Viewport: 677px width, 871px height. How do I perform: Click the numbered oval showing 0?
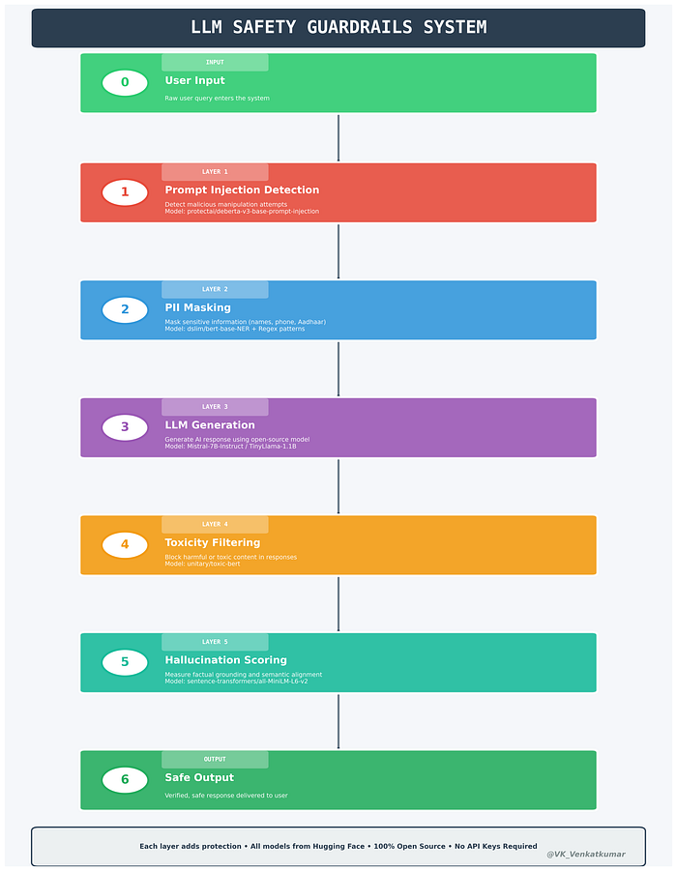[x=125, y=82]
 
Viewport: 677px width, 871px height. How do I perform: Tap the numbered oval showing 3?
[x=125, y=427]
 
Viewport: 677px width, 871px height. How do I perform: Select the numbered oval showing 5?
[x=125, y=662]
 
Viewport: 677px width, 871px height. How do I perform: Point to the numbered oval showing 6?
[x=125, y=779]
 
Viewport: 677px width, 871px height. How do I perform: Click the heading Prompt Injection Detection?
[x=242, y=190]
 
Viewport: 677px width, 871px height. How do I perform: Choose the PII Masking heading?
[x=198, y=307]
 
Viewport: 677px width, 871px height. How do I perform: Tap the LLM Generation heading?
[x=210, y=425]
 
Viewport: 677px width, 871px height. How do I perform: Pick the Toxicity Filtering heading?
[x=213, y=542]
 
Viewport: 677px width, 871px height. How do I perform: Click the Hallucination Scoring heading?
[x=225, y=660]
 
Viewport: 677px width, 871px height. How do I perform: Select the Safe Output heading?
[x=199, y=777]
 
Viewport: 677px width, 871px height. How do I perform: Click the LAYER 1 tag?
[x=215, y=172]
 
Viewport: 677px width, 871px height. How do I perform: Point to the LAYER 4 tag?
[x=215, y=524]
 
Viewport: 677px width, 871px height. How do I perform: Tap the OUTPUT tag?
[x=215, y=759]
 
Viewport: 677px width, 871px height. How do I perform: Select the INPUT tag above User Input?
[x=215, y=62]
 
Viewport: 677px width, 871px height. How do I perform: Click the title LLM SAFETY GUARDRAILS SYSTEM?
[x=338, y=27]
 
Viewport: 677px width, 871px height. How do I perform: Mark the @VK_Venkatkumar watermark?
[x=586, y=855]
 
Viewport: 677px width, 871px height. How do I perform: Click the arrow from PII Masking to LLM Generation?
[x=338, y=368]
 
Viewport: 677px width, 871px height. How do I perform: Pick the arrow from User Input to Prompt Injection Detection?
[x=338, y=138]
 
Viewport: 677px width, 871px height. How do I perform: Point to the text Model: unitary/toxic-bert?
[x=202, y=564]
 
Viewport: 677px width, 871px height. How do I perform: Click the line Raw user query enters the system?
[x=217, y=99]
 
